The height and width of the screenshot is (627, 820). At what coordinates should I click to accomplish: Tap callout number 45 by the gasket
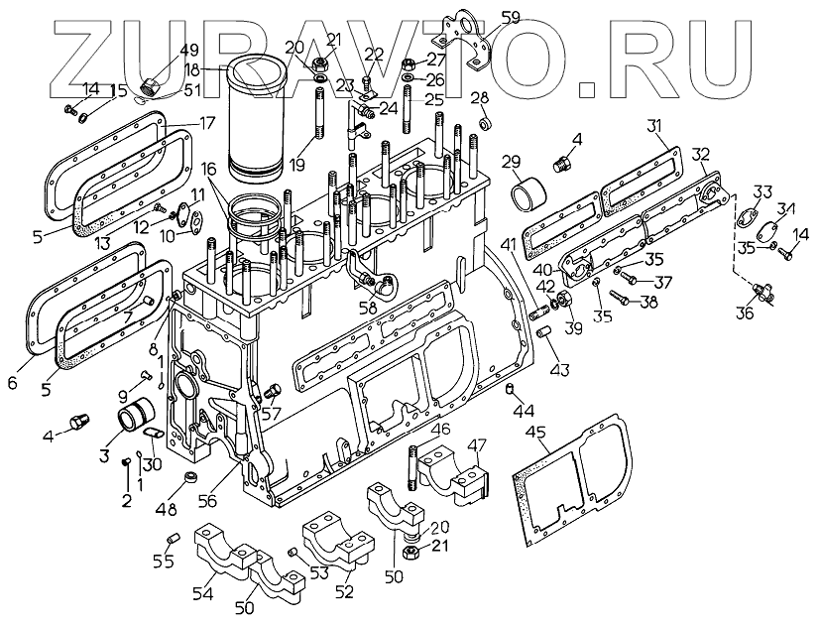537,433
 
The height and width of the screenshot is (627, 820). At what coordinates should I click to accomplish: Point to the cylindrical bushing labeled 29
528,193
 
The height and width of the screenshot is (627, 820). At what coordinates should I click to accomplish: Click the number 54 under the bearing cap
202,593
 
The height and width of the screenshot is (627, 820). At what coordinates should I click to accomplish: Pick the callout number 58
369,309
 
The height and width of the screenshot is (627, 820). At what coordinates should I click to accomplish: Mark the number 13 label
100,243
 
